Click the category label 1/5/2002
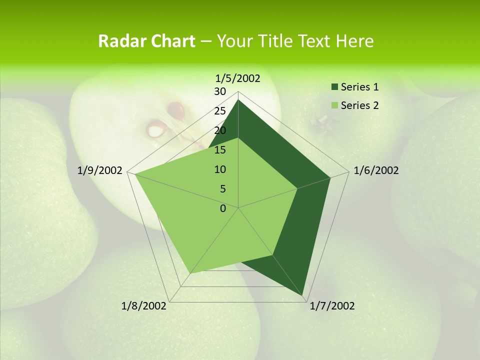238,78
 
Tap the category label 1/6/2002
376,170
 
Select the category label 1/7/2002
332,306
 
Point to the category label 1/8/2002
144,306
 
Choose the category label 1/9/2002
100,170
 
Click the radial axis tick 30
220,91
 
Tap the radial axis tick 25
220,111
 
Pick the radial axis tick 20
220,130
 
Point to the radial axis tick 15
220,150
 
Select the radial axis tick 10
220,169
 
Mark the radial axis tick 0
223,208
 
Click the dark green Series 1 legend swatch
334,87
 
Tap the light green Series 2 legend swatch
334,105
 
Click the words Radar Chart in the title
146,41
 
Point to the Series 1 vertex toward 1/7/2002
303,295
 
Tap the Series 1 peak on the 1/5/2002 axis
238,100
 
